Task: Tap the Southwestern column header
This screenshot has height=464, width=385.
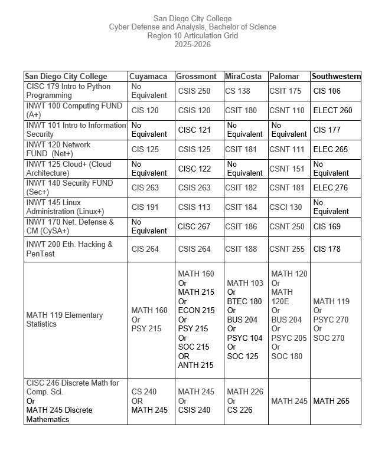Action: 335,77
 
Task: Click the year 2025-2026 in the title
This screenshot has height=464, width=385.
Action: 192,44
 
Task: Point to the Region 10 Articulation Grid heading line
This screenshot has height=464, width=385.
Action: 192,35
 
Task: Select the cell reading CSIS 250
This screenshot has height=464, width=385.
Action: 194,91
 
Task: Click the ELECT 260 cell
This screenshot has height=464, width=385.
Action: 332,110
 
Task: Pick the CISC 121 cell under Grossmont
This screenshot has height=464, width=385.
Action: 194,130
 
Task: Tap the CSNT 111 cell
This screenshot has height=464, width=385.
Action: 287,149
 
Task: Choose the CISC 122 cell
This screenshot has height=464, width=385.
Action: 194,169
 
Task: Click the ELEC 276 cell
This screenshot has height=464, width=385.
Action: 331,187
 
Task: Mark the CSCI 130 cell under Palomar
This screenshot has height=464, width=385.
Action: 286,207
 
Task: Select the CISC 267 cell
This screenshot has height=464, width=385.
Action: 194,226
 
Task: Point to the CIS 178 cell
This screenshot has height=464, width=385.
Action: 327,249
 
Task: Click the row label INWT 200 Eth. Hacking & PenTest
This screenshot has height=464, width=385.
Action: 69,249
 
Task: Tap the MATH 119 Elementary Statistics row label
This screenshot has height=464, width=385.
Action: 64,320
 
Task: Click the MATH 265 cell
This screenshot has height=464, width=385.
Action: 331,401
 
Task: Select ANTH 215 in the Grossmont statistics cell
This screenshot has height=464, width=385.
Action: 196,366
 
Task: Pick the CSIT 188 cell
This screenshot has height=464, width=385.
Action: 241,249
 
